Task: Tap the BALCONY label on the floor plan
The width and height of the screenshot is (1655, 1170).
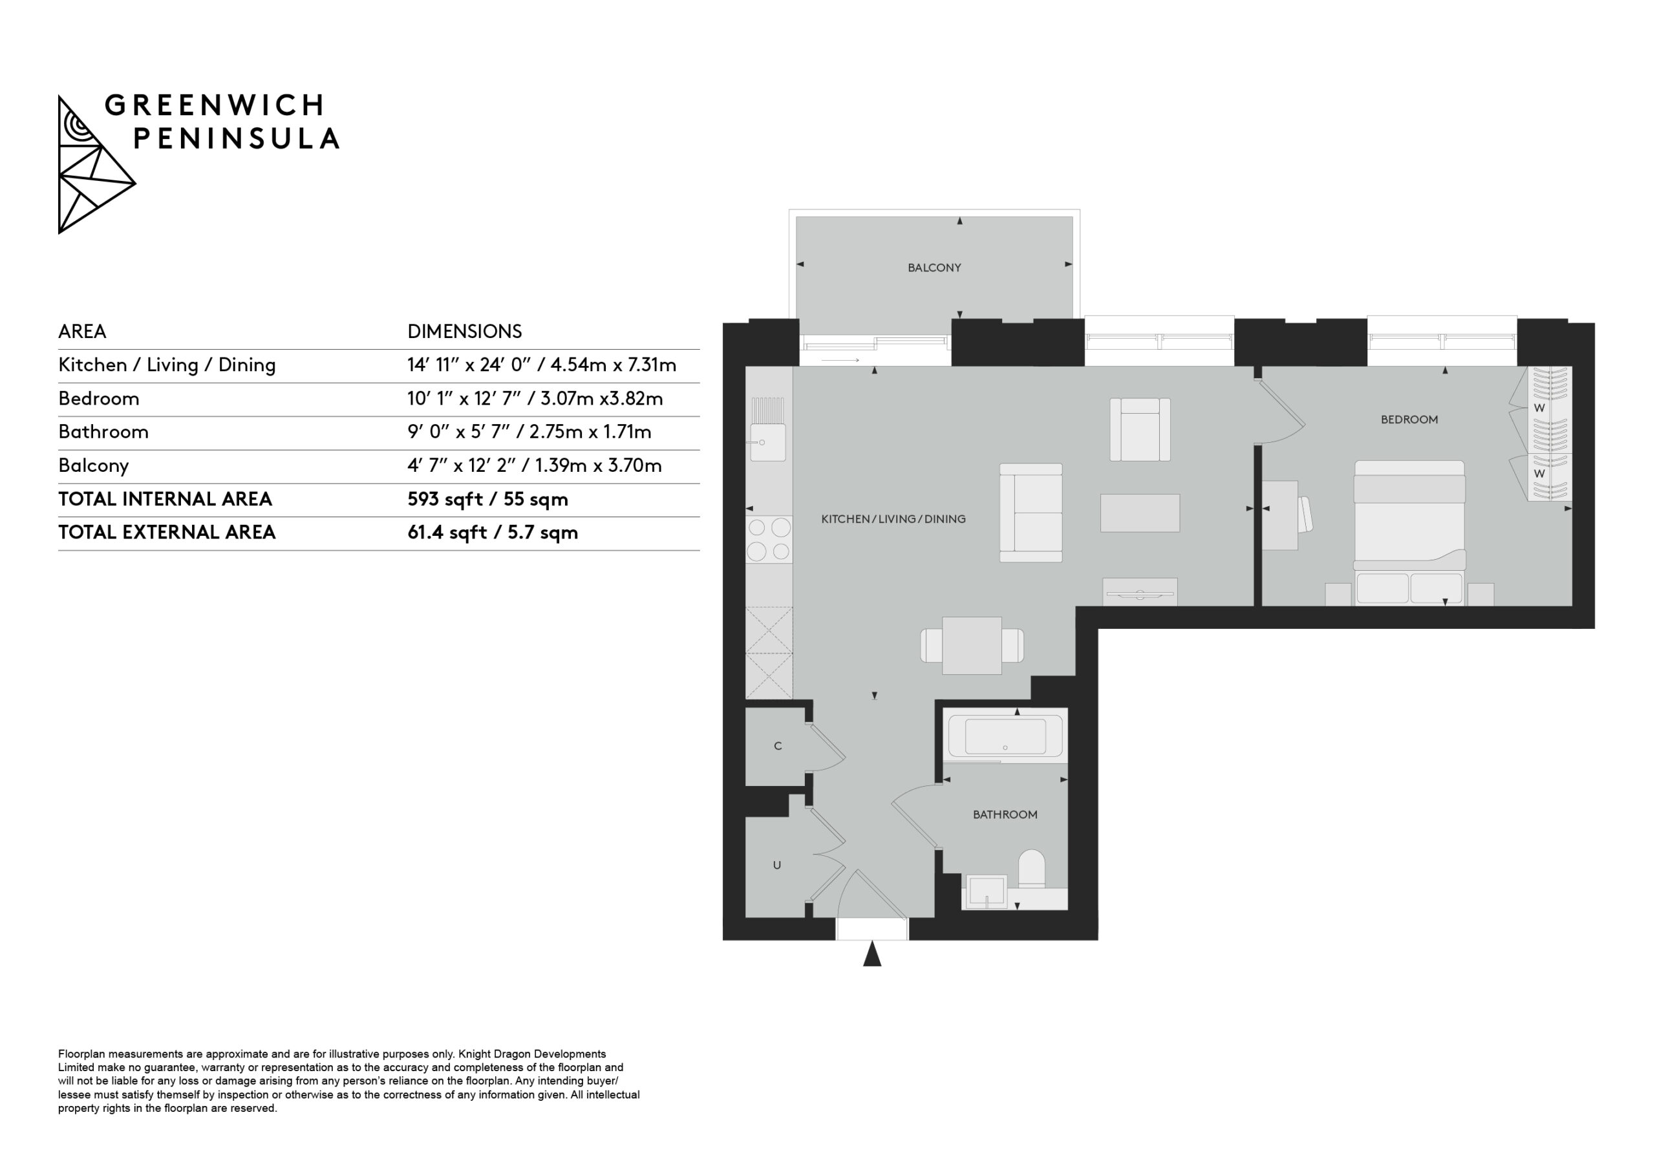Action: coord(934,268)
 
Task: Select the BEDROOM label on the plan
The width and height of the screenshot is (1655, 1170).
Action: coord(1409,420)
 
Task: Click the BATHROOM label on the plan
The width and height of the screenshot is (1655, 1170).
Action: coord(1005,814)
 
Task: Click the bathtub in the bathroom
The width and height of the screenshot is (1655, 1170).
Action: coord(1005,737)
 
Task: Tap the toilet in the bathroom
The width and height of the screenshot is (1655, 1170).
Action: coord(1032,869)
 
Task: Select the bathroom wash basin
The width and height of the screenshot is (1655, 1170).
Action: coord(985,892)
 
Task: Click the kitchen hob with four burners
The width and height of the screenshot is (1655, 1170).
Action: coord(769,539)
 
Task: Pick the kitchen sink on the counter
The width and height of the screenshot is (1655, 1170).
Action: coord(767,439)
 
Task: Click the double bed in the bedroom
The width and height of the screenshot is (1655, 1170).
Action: coord(1409,533)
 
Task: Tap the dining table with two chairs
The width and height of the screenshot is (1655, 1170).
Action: coord(972,646)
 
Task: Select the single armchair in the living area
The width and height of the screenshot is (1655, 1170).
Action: coord(1140,430)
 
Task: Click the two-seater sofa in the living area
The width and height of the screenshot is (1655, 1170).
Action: coord(1030,513)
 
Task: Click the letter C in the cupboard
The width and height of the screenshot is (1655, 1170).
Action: coord(778,746)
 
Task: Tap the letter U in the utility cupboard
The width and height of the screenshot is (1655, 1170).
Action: coord(777,865)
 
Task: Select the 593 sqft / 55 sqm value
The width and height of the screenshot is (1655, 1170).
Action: coord(487,499)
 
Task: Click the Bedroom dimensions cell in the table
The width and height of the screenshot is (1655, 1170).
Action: coord(535,399)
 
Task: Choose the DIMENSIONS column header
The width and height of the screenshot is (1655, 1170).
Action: coord(464,332)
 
